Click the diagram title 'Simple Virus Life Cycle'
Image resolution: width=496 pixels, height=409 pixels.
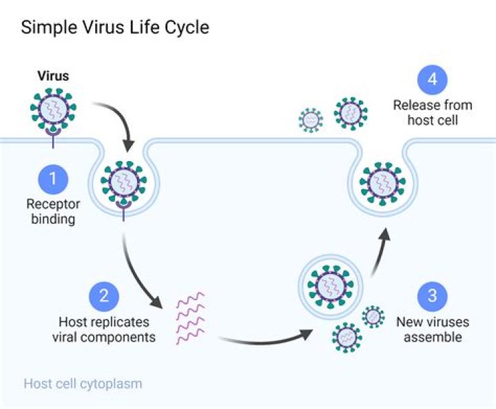(114, 28)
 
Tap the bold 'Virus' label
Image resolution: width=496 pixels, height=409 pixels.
(53, 76)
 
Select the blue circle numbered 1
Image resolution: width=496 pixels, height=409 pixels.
(53, 180)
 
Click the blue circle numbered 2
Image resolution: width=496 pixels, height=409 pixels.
(104, 296)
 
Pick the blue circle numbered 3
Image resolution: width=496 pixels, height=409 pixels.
(432, 296)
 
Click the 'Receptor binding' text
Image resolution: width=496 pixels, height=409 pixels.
(53, 211)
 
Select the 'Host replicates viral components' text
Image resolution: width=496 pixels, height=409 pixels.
(104, 329)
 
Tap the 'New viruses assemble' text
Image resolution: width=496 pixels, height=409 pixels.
(432, 329)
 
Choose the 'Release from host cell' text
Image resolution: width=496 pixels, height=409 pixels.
(432, 113)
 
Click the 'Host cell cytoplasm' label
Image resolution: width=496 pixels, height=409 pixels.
(83, 384)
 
